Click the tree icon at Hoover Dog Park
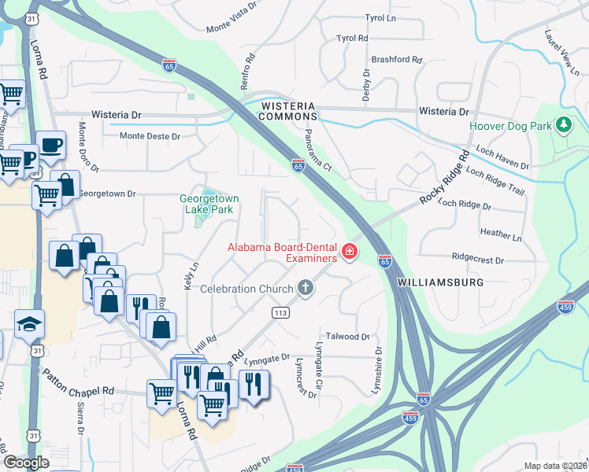(x=563, y=125)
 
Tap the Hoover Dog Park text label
(x=509, y=126)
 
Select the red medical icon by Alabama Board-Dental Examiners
(x=349, y=253)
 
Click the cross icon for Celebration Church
(x=306, y=289)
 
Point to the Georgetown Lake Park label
(x=209, y=205)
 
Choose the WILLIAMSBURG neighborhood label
(x=439, y=281)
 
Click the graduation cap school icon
(x=29, y=323)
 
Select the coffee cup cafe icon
(x=50, y=144)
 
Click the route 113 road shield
(x=279, y=312)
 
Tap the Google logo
(x=27, y=462)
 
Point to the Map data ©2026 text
(x=554, y=466)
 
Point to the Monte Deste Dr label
(x=150, y=136)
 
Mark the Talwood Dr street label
(x=347, y=337)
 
